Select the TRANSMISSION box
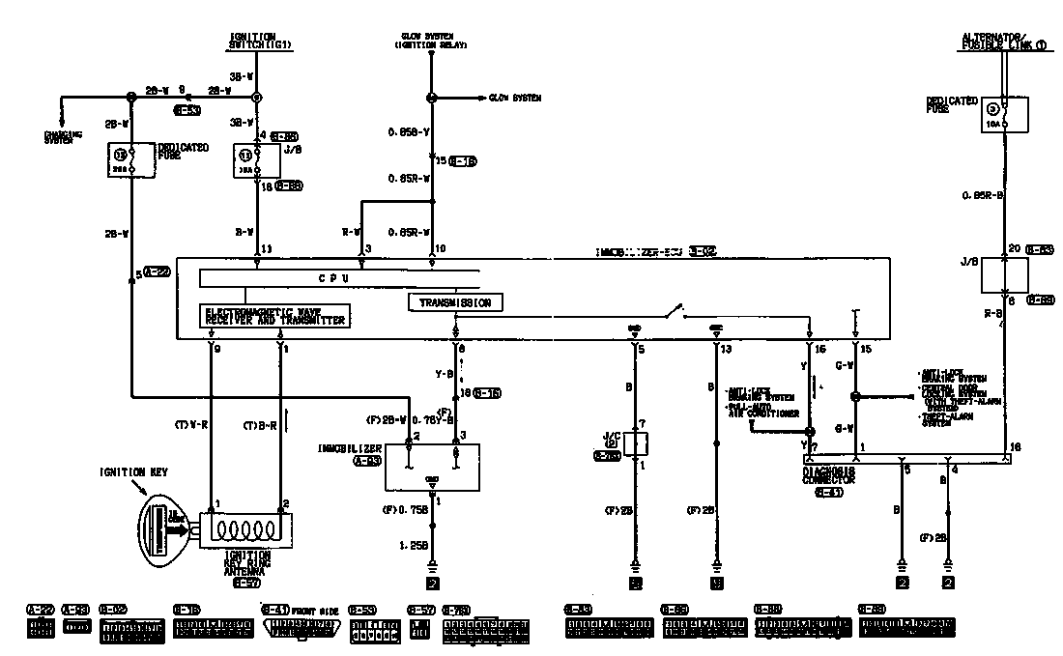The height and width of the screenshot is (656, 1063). [455, 303]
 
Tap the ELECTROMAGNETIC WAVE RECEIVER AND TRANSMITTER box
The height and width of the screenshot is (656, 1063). [273, 315]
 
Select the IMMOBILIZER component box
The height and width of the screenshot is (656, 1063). [433, 467]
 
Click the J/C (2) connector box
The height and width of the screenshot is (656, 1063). [635, 443]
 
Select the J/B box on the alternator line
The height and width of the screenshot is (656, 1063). [1006, 274]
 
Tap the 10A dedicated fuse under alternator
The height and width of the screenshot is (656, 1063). [1006, 114]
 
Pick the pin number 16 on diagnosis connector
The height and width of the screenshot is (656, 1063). [1015, 446]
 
